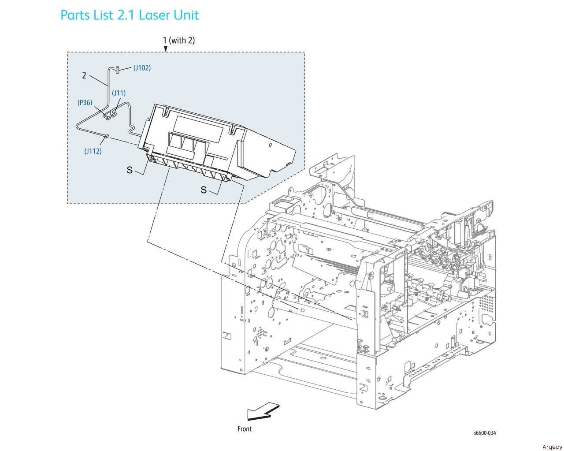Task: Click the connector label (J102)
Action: (142, 68)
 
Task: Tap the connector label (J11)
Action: (119, 93)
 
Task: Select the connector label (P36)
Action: (85, 103)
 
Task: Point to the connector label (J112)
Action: (93, 151)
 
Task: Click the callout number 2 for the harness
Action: (84, 75)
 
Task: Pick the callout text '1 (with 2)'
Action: (179, 41)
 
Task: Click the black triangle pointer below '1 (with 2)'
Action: (166, 49)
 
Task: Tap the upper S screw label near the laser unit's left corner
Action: (130, 170)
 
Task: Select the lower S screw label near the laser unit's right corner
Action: (204, 190)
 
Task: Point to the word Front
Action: (244, 429)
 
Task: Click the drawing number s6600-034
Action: (485, 433)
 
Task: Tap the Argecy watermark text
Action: (552, 447)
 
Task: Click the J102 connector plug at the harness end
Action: (117, 70)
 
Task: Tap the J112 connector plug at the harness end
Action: (107, 136)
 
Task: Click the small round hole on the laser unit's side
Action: (271, 145)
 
